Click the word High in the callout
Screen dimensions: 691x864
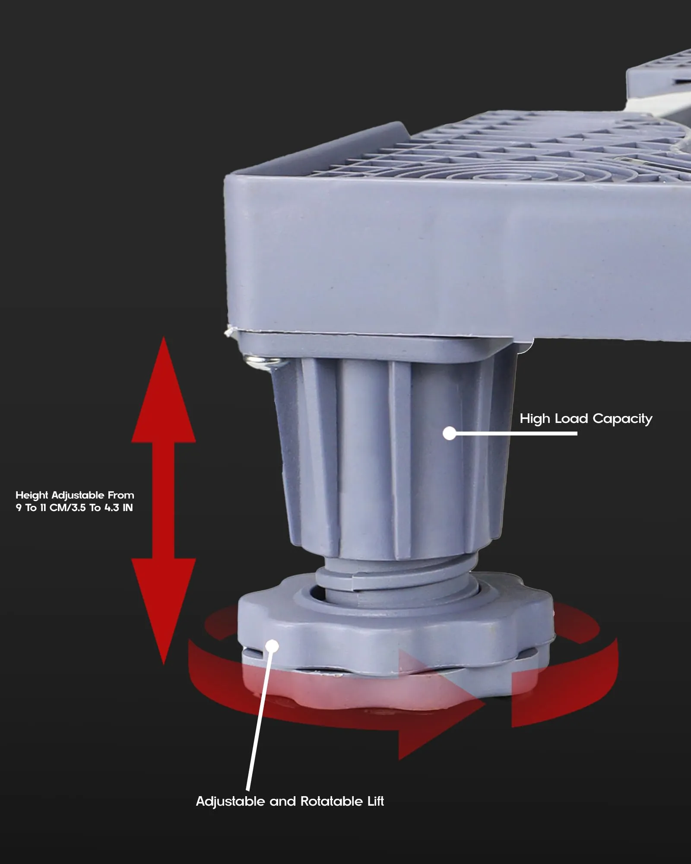point(535,419)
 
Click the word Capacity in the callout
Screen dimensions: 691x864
point(622,419)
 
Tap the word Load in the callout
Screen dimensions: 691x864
point(571,418)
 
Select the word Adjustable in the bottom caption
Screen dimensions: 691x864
point(230,802)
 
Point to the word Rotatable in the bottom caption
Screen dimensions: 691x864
point(331,801)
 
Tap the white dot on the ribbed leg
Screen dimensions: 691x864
point(450,433)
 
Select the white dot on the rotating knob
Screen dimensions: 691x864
point(272,646)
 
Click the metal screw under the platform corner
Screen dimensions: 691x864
point(261,362)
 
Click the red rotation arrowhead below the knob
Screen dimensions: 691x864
point(441,706)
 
